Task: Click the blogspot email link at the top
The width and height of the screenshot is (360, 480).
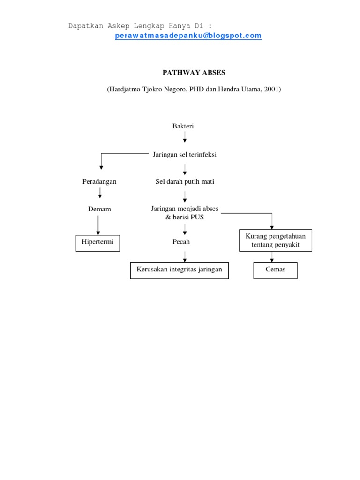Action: point(188,36)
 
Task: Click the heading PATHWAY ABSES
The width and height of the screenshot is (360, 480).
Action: point(194,73)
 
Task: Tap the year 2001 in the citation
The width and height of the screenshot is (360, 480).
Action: point(270,89)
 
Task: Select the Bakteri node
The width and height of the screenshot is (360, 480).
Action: point(183,126)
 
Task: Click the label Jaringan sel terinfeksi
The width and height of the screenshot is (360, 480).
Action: point(185,155)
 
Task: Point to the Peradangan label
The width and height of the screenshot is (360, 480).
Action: point(99,181)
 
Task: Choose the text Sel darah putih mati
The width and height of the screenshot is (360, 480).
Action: point(185,181)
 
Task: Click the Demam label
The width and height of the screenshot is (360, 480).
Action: point(99,209)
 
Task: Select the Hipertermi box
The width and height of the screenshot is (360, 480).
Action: point(97,243)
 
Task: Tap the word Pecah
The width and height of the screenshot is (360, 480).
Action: point(181,242)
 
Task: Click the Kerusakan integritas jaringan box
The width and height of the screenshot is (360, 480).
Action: point(179,270)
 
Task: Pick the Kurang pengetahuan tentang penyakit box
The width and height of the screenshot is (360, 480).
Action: point(275,240)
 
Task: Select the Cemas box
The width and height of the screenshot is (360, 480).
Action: point(275,270)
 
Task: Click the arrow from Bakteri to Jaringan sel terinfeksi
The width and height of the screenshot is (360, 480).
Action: point(185,137)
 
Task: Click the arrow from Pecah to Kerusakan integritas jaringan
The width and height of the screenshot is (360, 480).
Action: point(185,255)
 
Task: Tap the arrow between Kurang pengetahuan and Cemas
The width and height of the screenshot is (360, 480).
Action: point(272,257)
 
